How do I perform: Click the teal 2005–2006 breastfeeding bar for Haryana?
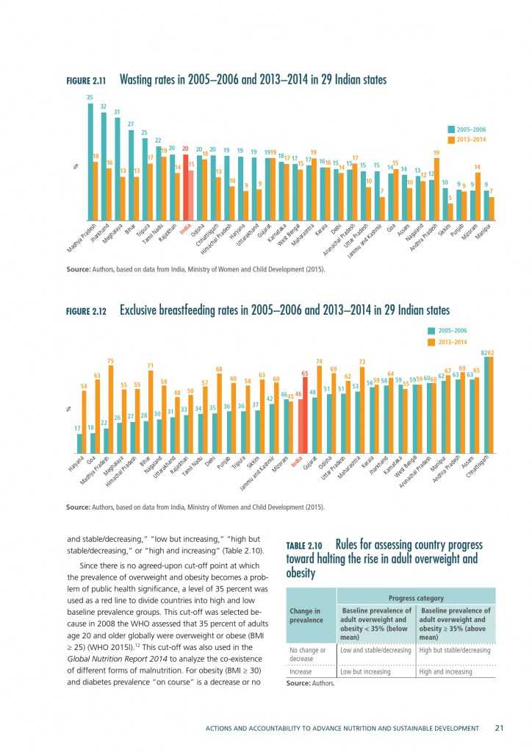coord(79,444)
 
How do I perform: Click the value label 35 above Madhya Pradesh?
coord(90,98)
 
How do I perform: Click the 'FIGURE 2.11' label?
coord(87,81)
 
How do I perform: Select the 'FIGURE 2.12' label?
coord(87,312)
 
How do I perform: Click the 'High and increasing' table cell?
coord(445,672)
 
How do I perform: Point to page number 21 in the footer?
coord(498,728)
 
